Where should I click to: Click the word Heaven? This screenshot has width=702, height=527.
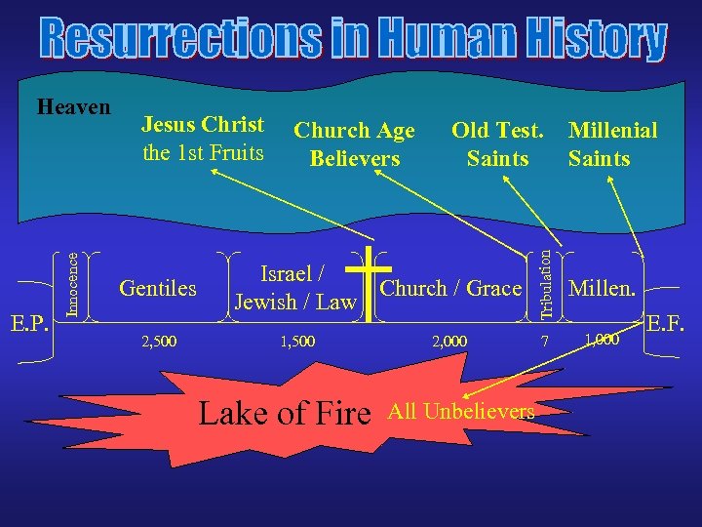pyautogui.click(x=73, y=106)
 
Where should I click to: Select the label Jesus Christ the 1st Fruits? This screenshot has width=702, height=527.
pyautogui.click(x=203, y=139)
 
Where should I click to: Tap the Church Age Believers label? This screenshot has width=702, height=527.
pyautogui.click(x=354, y=143)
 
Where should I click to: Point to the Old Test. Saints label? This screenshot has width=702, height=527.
pyautogui.click(x=497, y=143)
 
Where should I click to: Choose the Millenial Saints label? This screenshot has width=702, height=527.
pyautogui.click(x=612, y=143)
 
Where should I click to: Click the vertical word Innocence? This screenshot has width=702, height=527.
pyautogui.click(x=72, y=283)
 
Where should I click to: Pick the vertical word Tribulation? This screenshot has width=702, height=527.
pyautogui.click(x=549, y=284)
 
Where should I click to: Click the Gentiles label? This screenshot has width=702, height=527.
pyautogui.click(x=157, y=288)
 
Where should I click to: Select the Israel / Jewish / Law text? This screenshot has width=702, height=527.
pyautogui.click(x=294, y=288)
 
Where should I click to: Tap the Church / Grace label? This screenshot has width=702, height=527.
pyautogui.click(x=450, y=288)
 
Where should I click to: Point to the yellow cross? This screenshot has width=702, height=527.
pyautogui.click(x=369, y=293)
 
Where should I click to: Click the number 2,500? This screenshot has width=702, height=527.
pyautogui.click(x=159, y=342)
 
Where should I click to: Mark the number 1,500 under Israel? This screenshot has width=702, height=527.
pyautogui.click(x=296, y=342)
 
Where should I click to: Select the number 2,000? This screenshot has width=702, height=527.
pyautogui.click(x=449, y=342)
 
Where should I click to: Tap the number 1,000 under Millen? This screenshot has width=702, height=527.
pyautogui.click(x=602, y=340)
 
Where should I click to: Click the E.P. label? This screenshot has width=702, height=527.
pyautogui.click(x=29, y=323)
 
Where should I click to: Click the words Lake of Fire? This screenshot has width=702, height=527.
pyautogui.click(x=285, y=414)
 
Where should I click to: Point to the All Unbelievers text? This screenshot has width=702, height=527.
pyautogui.click(x=461, y=411)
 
